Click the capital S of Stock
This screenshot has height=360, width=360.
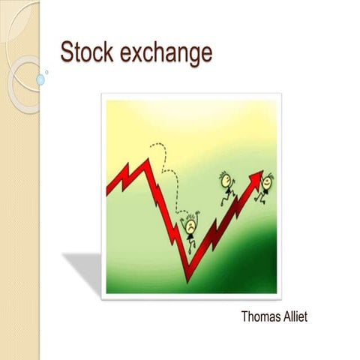67,53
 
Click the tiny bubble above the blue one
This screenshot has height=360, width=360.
46,72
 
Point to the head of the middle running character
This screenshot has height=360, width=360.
223,178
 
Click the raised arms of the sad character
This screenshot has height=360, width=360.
192,214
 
